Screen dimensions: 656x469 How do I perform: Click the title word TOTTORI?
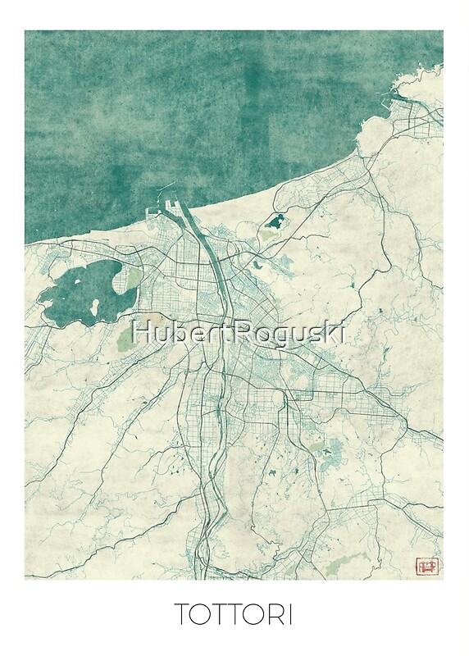(234, 615)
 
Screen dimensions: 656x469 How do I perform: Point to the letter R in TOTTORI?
(274, 615)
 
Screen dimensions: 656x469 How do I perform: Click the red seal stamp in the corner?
(427, 566)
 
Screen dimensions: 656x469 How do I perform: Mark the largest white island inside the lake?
(96, 307)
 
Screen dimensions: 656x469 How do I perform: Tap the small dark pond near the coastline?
(275, 221)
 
